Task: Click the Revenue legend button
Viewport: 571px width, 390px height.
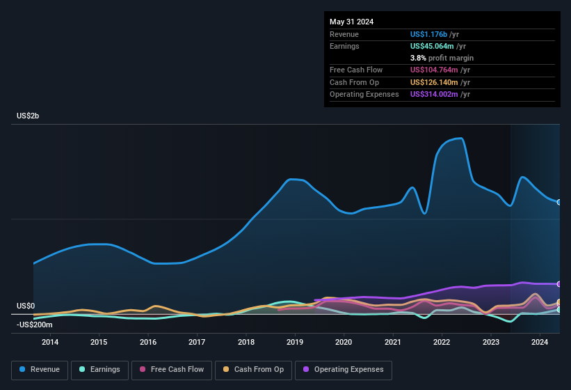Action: coord(40,370)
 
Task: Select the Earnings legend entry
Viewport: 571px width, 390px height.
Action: coord(99,370)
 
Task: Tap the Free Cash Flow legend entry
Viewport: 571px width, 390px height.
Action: coord(172,370)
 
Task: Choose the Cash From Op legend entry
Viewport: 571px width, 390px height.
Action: coord(252,370)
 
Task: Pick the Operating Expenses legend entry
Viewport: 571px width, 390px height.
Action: coord(343,370)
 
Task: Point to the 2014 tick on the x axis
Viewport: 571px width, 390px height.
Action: coord(50,342)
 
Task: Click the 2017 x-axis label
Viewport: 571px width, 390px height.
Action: coord(197,342)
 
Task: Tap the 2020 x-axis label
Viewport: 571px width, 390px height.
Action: coord(344,342)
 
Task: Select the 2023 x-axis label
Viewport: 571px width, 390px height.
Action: coord(491,342)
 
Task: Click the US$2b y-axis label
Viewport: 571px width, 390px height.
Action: coord(28,116)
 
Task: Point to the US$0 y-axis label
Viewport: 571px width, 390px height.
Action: coord(26,306)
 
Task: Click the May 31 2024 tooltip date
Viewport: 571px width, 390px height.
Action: coord(351,22)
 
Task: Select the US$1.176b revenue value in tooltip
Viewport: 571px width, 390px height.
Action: coord(429,34)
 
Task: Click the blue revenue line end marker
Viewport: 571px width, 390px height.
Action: coord(559,202)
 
